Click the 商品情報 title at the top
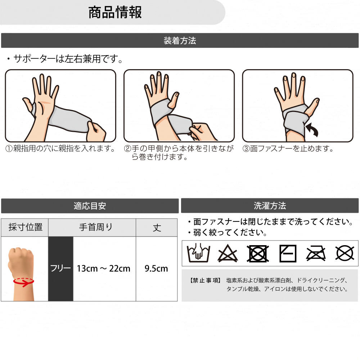tap(115, 12)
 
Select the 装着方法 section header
tap(180, 41)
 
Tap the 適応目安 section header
tap(90, 206)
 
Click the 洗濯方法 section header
tap(270, 206)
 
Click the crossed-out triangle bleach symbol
tap(228, 253)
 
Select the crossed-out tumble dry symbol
tap(258, 253)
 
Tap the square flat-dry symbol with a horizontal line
tap(288, 253)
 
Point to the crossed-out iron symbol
tap(316, 253)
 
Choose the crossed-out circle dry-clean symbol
tap(345, 253)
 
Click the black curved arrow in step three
tap(313, 130)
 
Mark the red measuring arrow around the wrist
tap(23, 282)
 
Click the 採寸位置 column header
tap(26, 227)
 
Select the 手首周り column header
tap(96, 227)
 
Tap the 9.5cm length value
tap(156, 269)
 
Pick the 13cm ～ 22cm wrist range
tap(104, 269)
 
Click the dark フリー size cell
tap(60, 269)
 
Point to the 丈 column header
tap(157, 228)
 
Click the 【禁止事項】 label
tap(206, 280)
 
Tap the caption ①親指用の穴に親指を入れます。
tap(60, 149)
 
